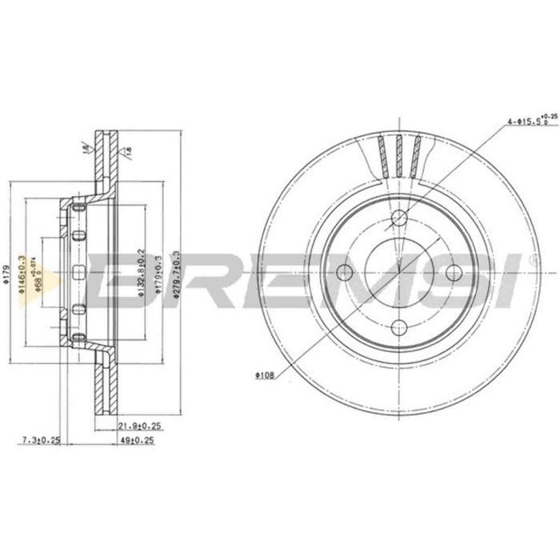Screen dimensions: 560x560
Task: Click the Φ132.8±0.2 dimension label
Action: (139, 273)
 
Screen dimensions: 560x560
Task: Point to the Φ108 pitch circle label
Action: (266, 374)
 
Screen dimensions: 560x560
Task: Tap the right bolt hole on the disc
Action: (453, 270)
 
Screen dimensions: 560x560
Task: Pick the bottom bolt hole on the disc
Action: (399, 326)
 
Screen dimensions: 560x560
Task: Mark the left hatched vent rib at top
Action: (382, 157)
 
